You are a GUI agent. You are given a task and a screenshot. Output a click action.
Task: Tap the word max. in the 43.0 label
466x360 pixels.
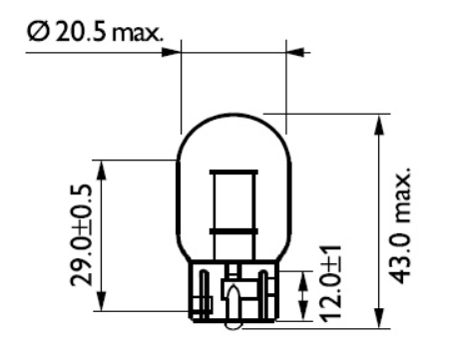(x=405, y=189)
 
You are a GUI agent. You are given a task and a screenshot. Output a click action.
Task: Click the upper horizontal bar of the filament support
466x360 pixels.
(x=233, y=173)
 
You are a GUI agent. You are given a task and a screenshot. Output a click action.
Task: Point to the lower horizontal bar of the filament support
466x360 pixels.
(x=233, y=230)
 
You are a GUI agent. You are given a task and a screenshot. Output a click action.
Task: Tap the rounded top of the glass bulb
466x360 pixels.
(x=233, y=116)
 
